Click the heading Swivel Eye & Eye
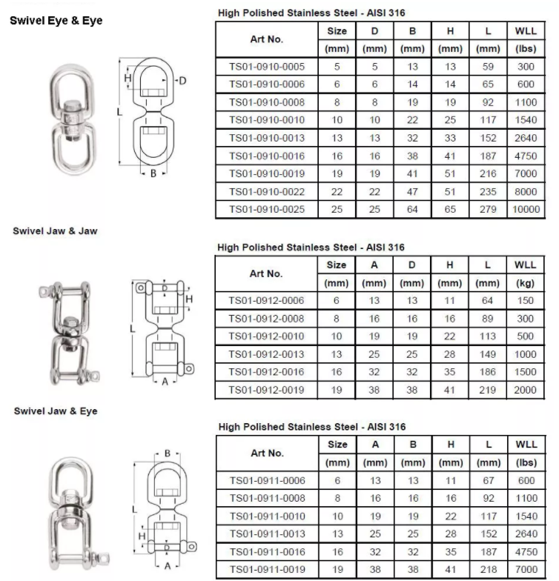coord(56,21)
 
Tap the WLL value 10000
coord(526,210)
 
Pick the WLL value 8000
coord(526,192)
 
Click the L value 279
coord(487,210)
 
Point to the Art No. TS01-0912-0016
coord(267,372)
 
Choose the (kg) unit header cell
coord(526,283)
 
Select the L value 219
coord(487,390)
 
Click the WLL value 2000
coord(526,390)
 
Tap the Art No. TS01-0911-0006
coord(267,481)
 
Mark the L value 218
coord(487,569)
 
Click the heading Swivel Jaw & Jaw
coord(55,230)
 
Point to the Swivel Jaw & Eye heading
coord(55,411)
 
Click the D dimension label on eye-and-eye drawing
coord(182,81)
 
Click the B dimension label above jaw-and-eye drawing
coord(168,454)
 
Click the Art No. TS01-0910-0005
coord(267,67)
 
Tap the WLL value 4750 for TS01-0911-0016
coord(526,551)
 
